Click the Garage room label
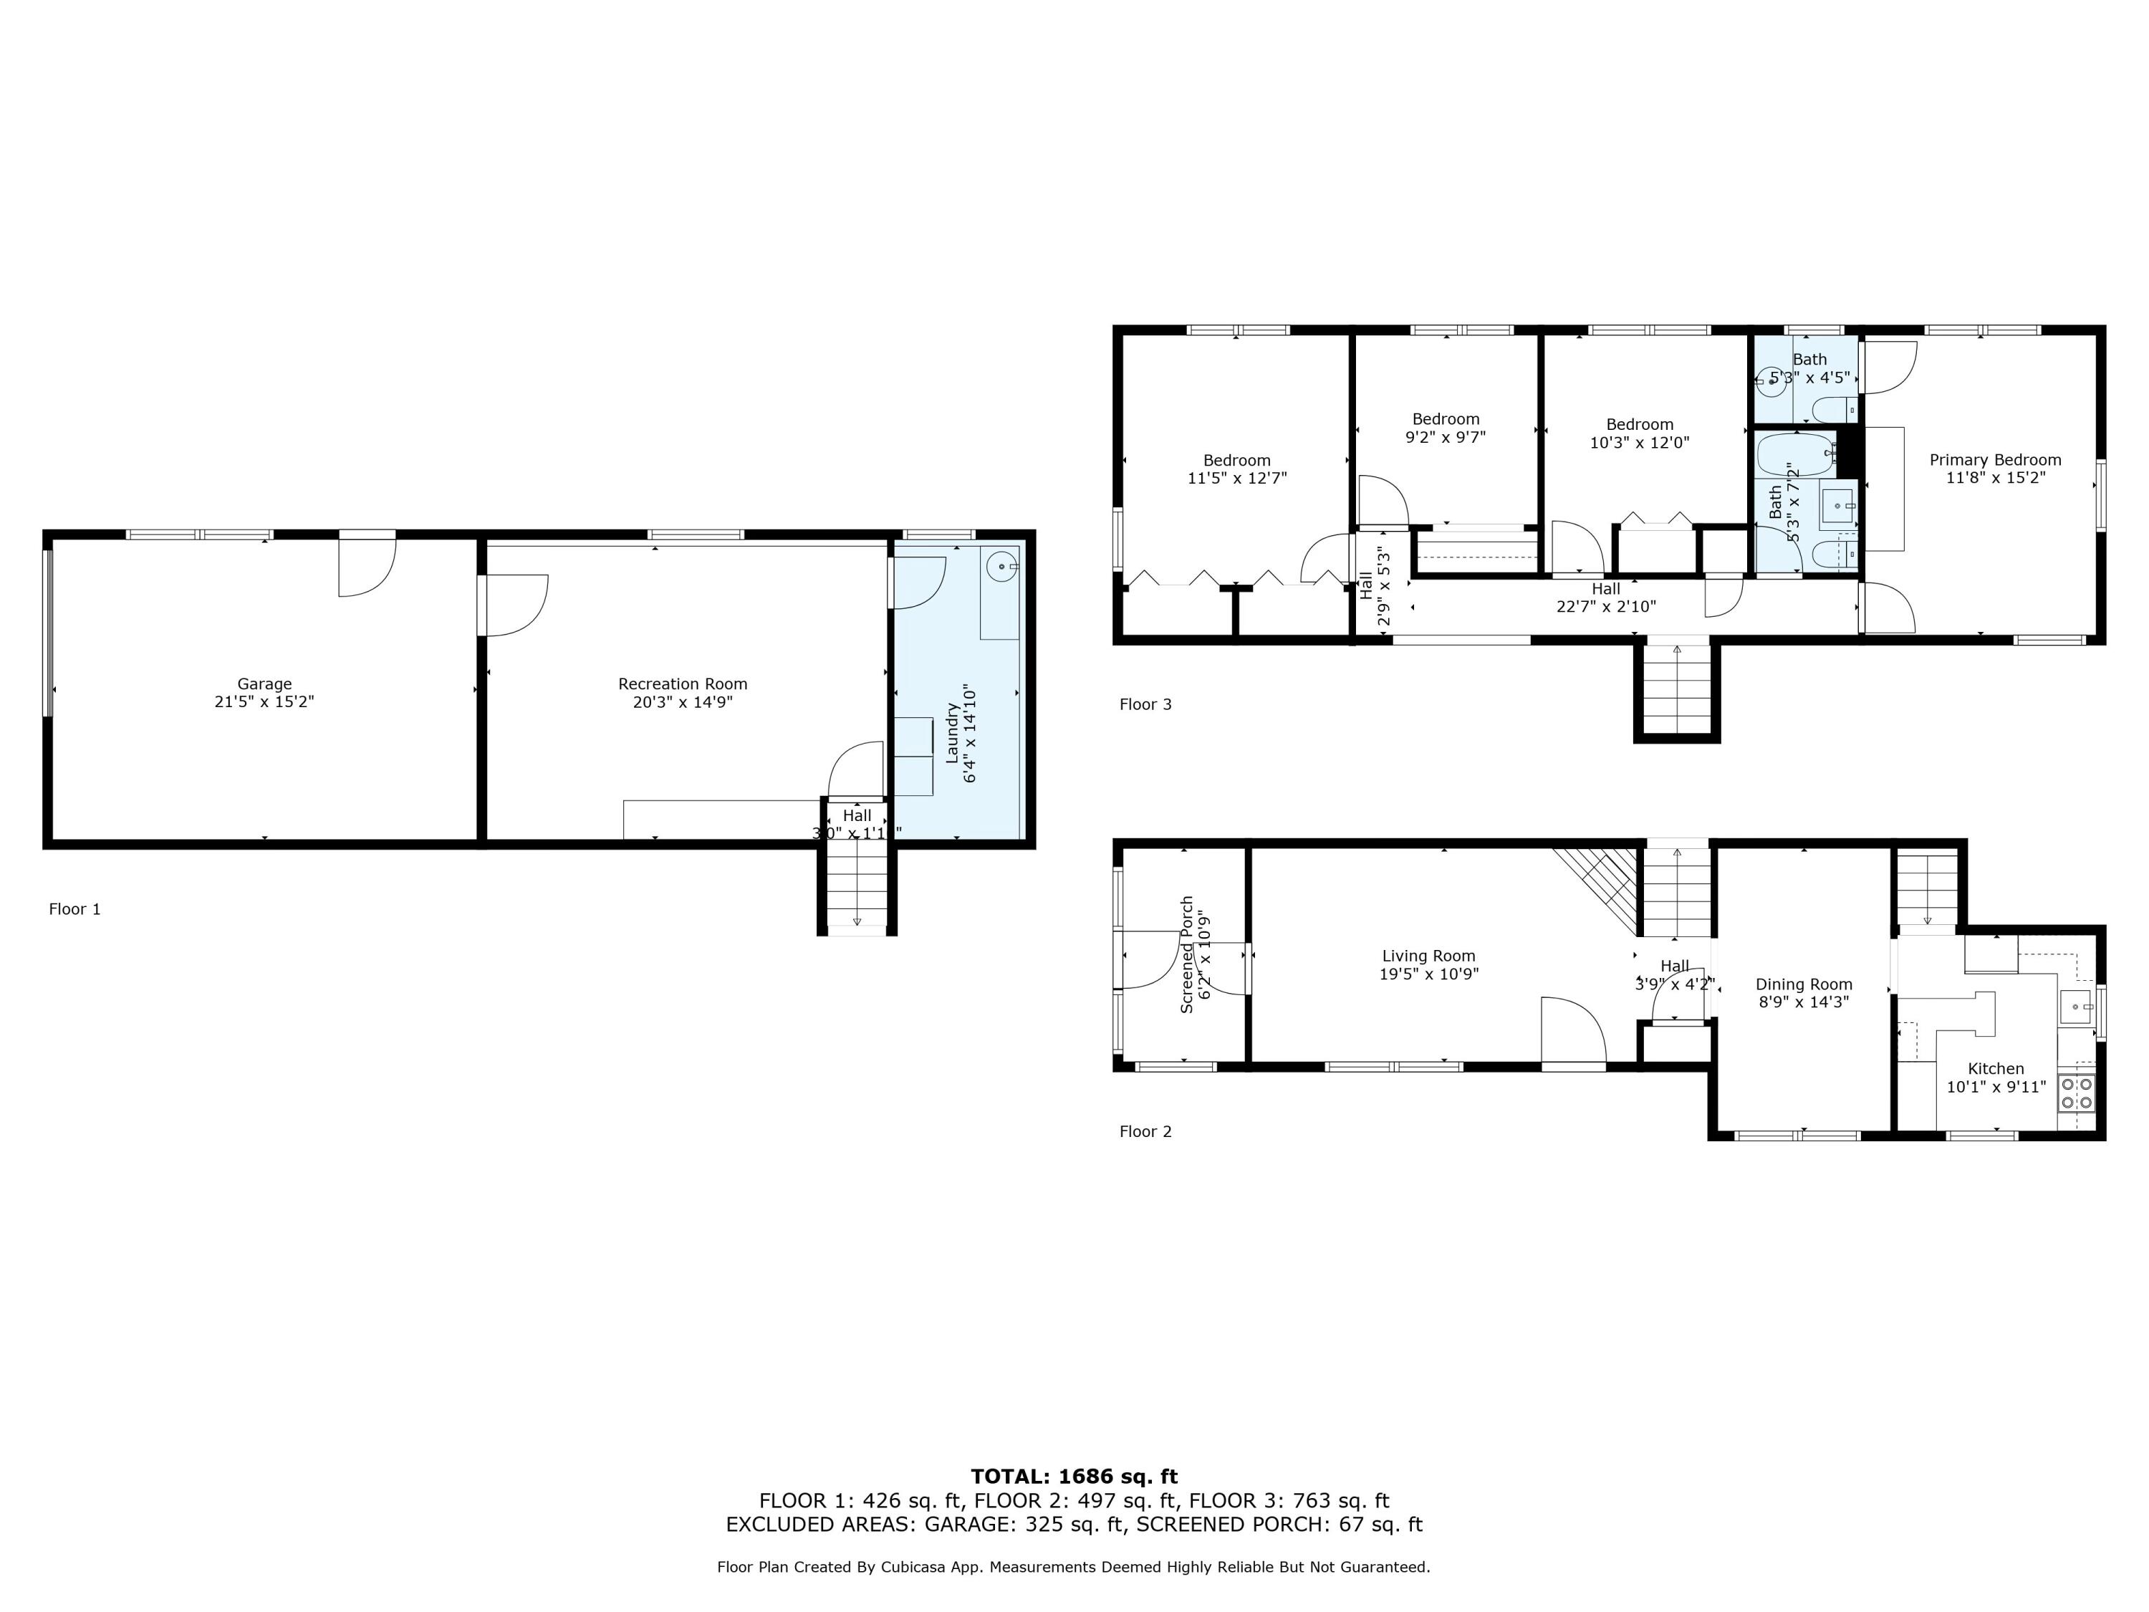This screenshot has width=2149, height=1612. (x=264, y=684)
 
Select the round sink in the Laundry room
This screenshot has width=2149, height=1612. (x=1001, y=565)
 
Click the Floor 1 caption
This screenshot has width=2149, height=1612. (x=74, y=909)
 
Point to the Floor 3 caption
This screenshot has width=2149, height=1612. (x=1145, y=704)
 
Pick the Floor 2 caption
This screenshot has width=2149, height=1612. (x=1145, y=1131)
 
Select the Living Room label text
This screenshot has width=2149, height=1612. (x=1428, y=956)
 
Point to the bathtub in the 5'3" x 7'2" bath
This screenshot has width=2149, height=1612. (x=1797, y=454)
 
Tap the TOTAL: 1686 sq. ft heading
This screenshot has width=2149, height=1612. (x=1074, y=1477)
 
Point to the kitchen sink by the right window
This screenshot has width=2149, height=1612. (x=2077, y=1007)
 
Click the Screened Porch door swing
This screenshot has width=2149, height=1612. (x=1151, y=959)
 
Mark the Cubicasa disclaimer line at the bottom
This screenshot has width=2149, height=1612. (x=1074, y=1568)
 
